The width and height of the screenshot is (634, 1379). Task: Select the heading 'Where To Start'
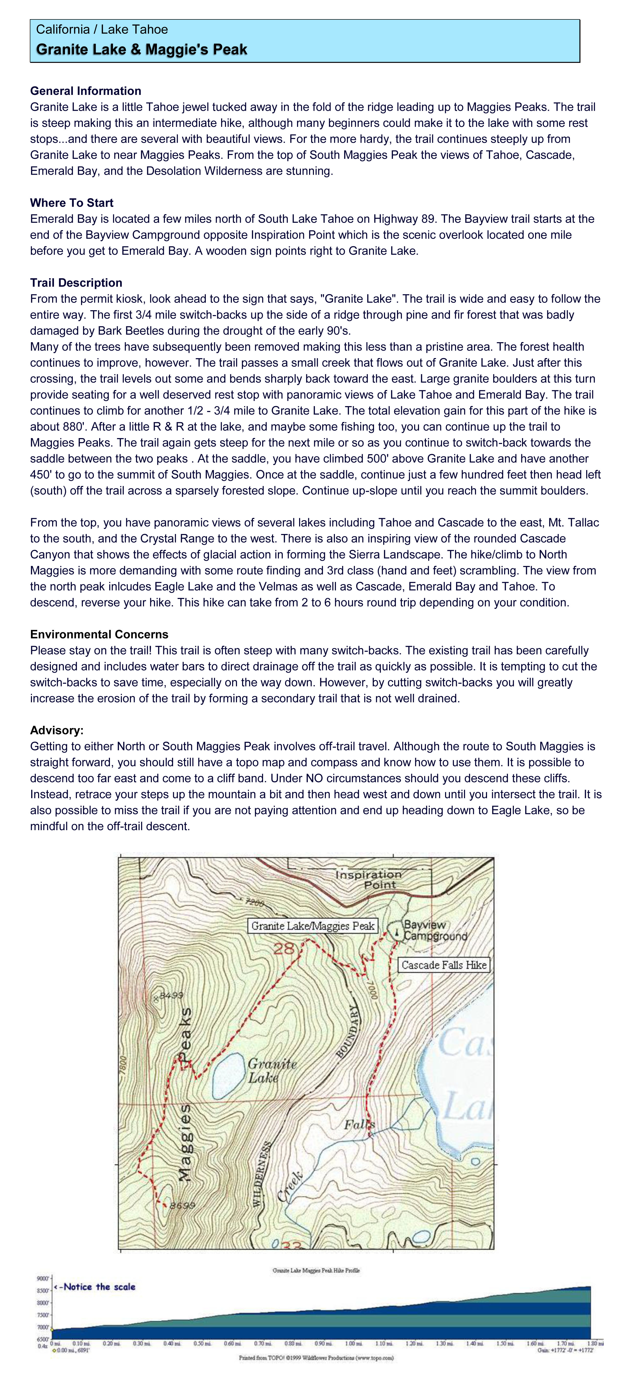tap(72, 203)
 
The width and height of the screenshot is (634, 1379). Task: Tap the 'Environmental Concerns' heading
tap(99, 634)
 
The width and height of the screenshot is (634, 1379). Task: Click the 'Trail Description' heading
tap(76, 283)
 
